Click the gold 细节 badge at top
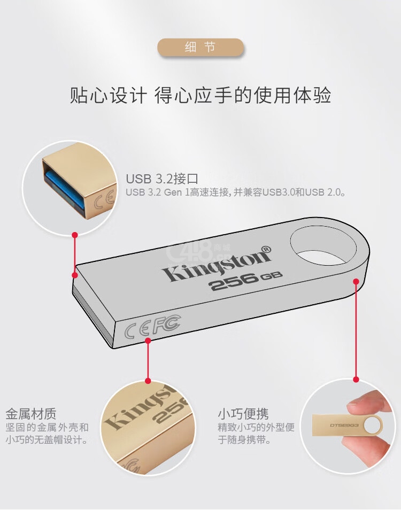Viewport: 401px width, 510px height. [x=200, y=48]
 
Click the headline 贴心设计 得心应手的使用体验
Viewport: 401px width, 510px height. [x=200, y=95]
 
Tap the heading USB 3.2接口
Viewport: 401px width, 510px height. [x=162, y=179]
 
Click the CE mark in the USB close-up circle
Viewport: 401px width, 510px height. [x=105, y=199]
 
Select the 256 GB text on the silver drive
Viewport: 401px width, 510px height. [x=246, y=280]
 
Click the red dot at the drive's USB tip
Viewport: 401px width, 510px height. [x=75, y=275]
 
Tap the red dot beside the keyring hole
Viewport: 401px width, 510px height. [x=356, y=281]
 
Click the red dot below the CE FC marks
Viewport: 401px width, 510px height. [x=148, y=341]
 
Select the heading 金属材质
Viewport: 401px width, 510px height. [x=31, y=414]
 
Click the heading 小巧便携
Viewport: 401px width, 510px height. [x=243, y=414]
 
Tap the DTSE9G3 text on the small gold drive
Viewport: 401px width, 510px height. [x=344, y=426]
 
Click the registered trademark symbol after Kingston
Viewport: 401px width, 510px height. [x=266, y=249]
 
